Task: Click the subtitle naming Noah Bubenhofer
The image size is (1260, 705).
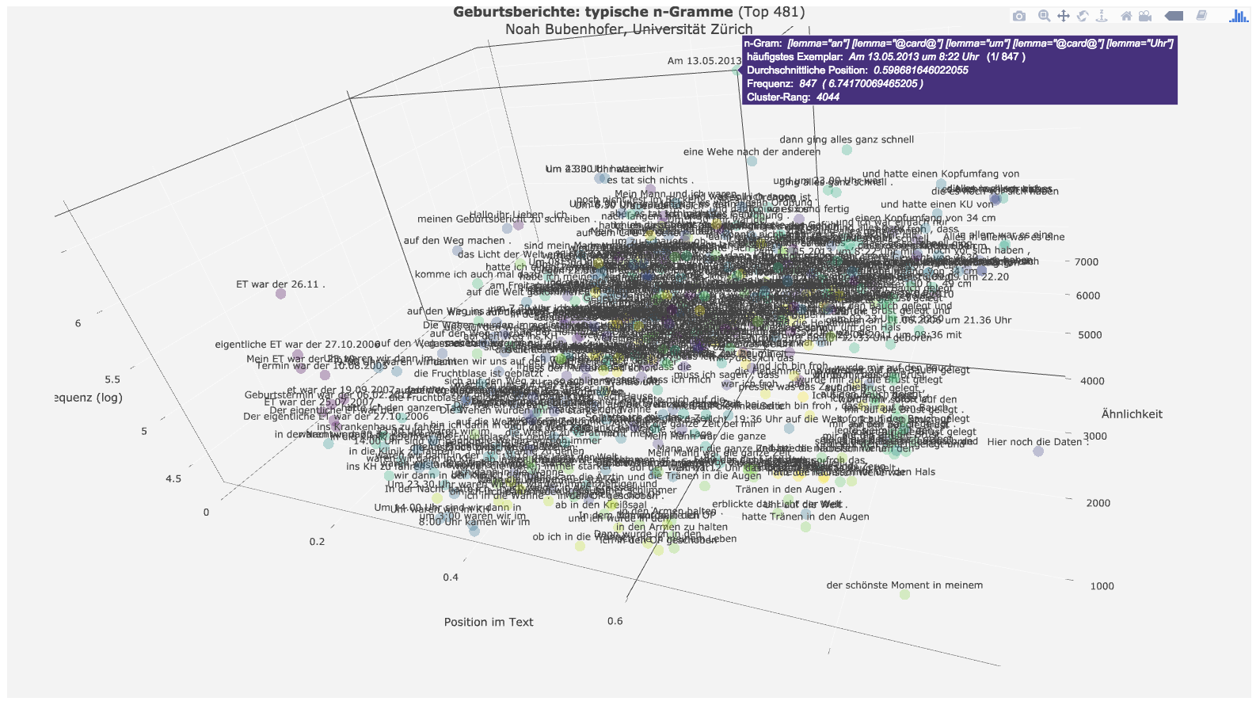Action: click(629, 29)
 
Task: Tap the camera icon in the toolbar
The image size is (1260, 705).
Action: click(1019, 16)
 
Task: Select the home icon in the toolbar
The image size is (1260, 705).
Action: click(1125, 16)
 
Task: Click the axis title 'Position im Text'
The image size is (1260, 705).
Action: click(489, 622)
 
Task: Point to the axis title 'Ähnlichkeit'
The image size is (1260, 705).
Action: click(1132, 414)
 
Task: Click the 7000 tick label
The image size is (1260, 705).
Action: click(1087, 262)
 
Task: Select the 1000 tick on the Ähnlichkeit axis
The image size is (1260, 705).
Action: click(1102, 586)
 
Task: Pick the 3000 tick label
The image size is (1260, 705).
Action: click(1095, 436)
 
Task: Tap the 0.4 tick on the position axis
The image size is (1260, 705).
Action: click(451, 577)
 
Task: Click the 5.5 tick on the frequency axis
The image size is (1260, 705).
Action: click(112, 379)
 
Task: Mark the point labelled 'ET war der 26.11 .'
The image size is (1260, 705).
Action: click(280, 294)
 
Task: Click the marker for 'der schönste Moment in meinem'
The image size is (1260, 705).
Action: click(904, 594)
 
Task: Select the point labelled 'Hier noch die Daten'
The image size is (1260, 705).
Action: click(1038, 452)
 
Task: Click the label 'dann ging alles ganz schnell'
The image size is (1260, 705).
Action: click(847, 139)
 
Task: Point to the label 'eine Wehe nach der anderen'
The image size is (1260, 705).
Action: click(752, 152)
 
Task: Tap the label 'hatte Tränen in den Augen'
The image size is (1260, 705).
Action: click(805, 516)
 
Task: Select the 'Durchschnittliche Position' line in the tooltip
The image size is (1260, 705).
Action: click(857, 70)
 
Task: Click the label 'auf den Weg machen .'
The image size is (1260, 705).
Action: click(454, 241)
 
